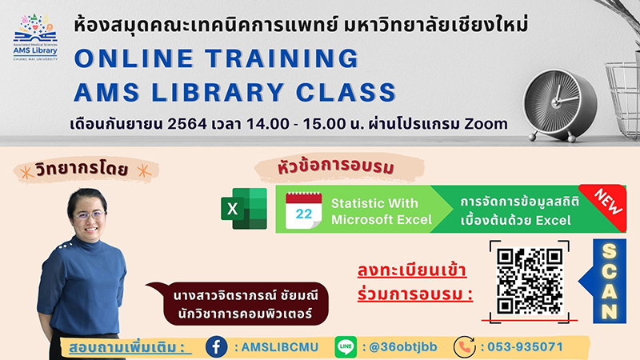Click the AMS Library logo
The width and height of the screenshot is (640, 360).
tap(35, 38)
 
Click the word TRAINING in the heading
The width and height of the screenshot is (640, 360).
tap(282, 58)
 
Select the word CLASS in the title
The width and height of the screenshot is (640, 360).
tap(346, 92)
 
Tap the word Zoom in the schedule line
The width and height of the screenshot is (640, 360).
tap(486, 124)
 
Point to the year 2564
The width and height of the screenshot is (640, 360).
tap(187, 124)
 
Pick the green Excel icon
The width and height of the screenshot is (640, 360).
tap(244, 209)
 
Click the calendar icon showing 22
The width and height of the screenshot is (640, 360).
tap(304, 210)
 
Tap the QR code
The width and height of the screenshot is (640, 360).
tap(530, 282)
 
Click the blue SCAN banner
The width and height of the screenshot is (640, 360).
tap(605, 282)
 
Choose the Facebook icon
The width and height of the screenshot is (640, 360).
tap(216, 347)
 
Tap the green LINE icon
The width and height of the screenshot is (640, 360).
tap(346, 347)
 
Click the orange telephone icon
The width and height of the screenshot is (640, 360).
tap(465, 347)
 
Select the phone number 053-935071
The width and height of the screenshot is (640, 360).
tap(526, 347)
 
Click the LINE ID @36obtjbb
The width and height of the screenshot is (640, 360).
tap(403, 347)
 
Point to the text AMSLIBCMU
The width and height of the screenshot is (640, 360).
tap(279, 347)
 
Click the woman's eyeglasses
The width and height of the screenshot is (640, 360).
tap(89, 215)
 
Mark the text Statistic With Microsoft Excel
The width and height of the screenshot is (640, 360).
tap(382, 211)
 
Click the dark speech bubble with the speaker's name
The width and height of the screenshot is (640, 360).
tap(238, 304)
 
